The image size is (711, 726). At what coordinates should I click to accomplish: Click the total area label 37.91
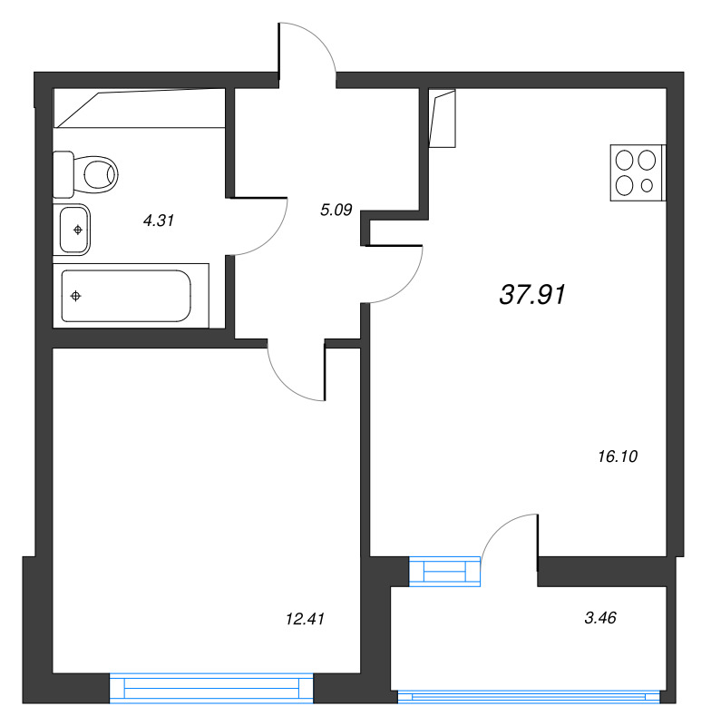(532, 294)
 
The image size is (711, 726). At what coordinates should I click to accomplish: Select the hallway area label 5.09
(336, 211)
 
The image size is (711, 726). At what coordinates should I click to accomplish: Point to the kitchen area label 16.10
(618, 457)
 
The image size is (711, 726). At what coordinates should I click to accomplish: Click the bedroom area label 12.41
(305, 619)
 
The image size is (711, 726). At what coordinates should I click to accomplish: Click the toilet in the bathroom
(95, 172)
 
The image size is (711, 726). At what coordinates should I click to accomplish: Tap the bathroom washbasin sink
(74, 230)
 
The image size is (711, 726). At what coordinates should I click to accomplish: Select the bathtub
(127, 296)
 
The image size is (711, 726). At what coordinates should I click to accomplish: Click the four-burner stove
(637, 173)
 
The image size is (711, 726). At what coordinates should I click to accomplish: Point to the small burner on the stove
(647, 185)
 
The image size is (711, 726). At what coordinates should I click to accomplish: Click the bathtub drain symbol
(76, 296)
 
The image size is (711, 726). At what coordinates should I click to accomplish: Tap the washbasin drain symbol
(78, 230)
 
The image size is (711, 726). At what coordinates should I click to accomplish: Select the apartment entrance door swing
(308, 51)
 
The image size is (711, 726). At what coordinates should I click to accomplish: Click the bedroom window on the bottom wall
(212, 688)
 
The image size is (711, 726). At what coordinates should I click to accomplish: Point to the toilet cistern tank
(63, 173)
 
